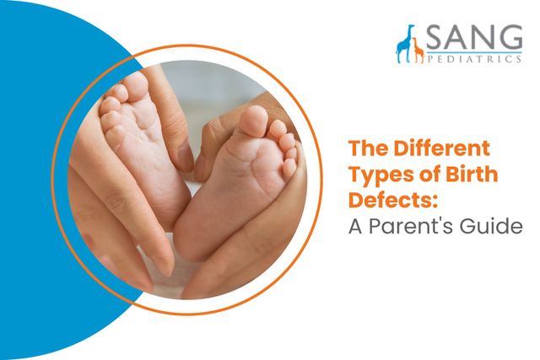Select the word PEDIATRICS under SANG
click(473, 61)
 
